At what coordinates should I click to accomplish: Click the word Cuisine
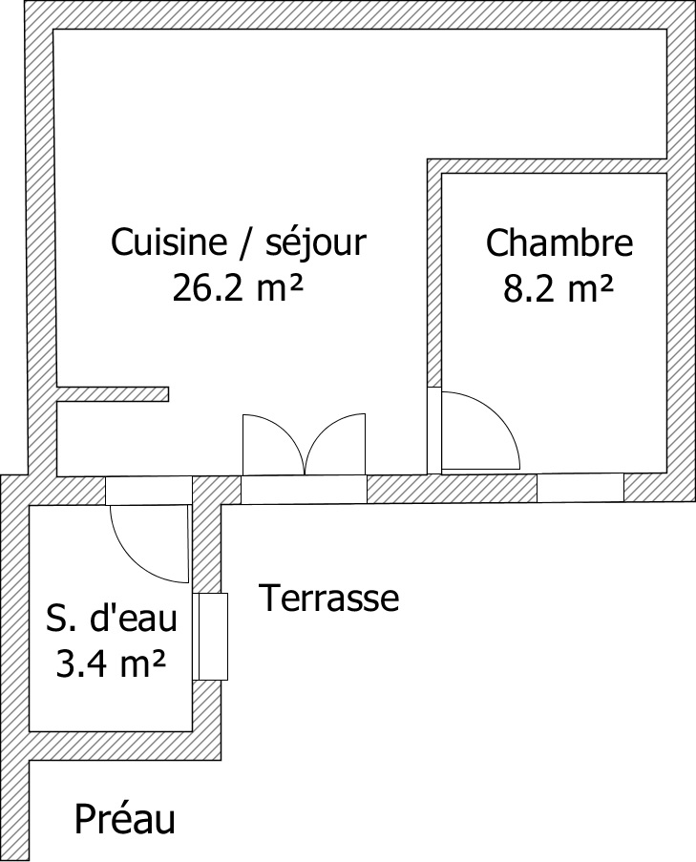tap(169, 242)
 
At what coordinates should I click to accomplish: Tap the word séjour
tap(316, 243)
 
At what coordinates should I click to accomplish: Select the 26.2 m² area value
tap(238, 287)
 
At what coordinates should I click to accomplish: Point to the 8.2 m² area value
tap(558, 288)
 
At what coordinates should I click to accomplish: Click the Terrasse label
tap(329, 598)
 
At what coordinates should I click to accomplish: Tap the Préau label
tap(125, 819)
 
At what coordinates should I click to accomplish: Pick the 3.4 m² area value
tap(111, 663)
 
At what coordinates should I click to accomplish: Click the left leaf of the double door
tap(273, 444)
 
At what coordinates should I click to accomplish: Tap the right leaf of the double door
tap(335, 444)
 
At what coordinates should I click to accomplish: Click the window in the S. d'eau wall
tap(211, 637)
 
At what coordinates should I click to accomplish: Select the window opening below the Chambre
tap(580, 488)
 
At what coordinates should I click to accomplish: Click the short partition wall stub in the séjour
tap(113, 394)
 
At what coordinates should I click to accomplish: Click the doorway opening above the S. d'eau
tap(148, 491)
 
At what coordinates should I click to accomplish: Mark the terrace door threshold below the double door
tap(304, 490)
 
